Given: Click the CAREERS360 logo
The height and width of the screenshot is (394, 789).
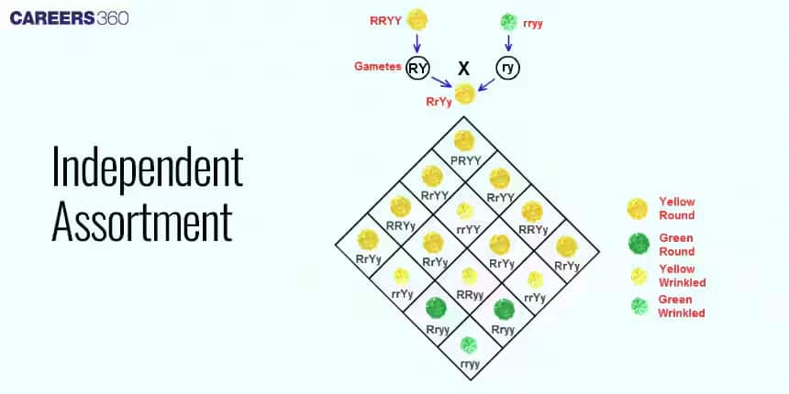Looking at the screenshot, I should [70, 17].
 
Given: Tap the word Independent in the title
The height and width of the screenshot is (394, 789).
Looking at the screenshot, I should [147, 169].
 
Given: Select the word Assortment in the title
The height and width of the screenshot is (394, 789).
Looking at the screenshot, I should [142, 221].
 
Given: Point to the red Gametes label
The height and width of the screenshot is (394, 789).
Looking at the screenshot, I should [376, 66].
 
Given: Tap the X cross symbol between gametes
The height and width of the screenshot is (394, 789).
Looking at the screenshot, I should [463, 66].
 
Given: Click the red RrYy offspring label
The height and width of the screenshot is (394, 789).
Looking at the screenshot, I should [438, 102].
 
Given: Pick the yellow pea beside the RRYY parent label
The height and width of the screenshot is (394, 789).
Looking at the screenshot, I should [417, 18].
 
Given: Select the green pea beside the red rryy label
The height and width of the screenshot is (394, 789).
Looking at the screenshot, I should [508, 21].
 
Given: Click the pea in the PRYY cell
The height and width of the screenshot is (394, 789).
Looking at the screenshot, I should [464, 140].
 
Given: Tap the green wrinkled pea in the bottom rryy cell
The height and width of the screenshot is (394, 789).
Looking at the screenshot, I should [468, 345].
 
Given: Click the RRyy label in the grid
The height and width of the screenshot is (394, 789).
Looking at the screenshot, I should [469, 295].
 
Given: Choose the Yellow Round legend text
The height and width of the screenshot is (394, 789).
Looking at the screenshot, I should [676, 208].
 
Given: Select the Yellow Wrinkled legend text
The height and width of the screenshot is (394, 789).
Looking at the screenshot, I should [677, 276].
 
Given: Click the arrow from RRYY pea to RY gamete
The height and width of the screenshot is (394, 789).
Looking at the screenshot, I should [417, 42].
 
